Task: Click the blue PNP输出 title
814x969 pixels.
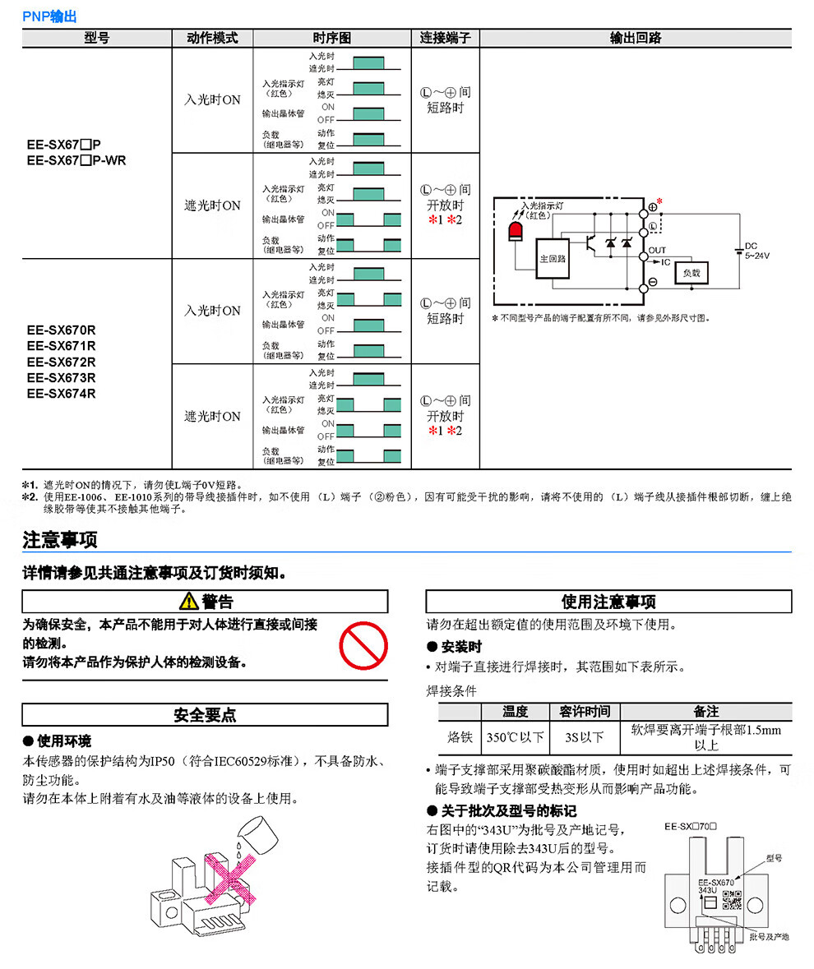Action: pyautogui.click(x=49, y=16)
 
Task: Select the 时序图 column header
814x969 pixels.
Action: pyautogui.click(x=332, y=39)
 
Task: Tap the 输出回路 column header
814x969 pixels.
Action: pyautogui.click(x=636, y=39)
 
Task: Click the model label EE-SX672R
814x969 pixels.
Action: pyautogui.click(x=61, y=362)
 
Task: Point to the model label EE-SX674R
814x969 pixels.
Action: pyautogui.click(x=61, y=394)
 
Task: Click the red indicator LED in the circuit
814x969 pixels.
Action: pyautogui.click(x=515, y=232)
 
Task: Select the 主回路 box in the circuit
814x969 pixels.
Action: pyautogui.click(x=553, y=259)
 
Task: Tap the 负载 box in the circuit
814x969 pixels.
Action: pyautogui.click(x=691, y=273)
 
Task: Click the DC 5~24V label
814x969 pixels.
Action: pyautogui.click(x=756, y=251)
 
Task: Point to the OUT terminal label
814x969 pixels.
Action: pyautogui.click(x=657, y=251)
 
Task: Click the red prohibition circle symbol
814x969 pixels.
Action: pyautogui.click(x=363, y=645)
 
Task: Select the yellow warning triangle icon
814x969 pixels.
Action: pyautogui.click(x=188, y=601)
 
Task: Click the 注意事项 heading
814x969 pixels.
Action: pyautogui.click(x=60, y=540)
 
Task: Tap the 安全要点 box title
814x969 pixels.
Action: pyautogui.click(x=205, y=715)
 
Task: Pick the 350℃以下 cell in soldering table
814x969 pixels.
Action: pyautogui.click(x=515, y=737)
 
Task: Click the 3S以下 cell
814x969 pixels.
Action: pyautogui.click(x=584, y=737)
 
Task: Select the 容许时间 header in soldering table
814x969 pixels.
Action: pyautogui.click(x=584, y=711)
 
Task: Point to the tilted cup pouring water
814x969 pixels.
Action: pyautogui.click(x=259, y=833)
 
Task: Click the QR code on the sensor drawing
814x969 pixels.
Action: pyautogui.click(x=731, y=900)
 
